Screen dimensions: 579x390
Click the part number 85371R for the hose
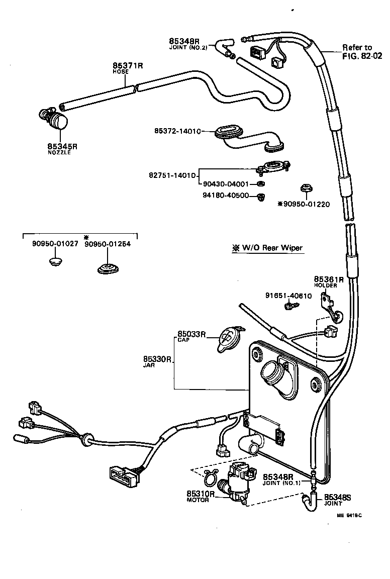click(128, 66)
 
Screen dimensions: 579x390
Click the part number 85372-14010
click(177, 131)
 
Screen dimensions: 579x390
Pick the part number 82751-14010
click(171, 175)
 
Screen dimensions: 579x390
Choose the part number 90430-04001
click(226, 184)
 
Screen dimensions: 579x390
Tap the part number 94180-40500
click(226, 196)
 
